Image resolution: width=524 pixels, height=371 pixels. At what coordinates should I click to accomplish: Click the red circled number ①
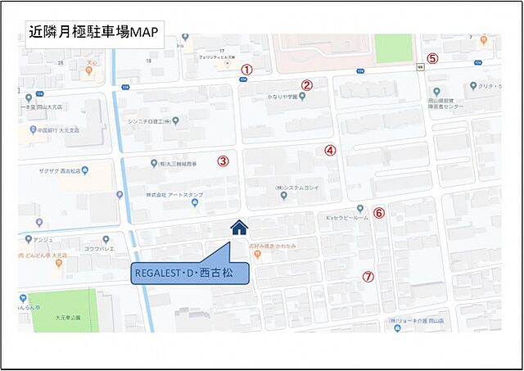246,70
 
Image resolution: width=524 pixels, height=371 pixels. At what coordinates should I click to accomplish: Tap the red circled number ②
307,84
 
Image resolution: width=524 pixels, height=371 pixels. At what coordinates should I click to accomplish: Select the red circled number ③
222,161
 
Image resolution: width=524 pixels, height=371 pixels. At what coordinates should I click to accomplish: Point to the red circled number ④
330,150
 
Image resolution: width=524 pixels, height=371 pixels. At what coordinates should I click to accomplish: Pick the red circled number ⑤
432,58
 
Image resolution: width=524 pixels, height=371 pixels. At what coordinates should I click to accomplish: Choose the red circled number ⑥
378,213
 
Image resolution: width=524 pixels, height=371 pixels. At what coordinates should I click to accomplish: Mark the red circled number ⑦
368,277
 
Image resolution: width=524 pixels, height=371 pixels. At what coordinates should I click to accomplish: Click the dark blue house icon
239,227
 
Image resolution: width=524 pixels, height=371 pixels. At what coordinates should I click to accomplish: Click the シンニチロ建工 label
150,120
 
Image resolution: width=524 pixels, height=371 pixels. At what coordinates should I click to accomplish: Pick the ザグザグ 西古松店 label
62,171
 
